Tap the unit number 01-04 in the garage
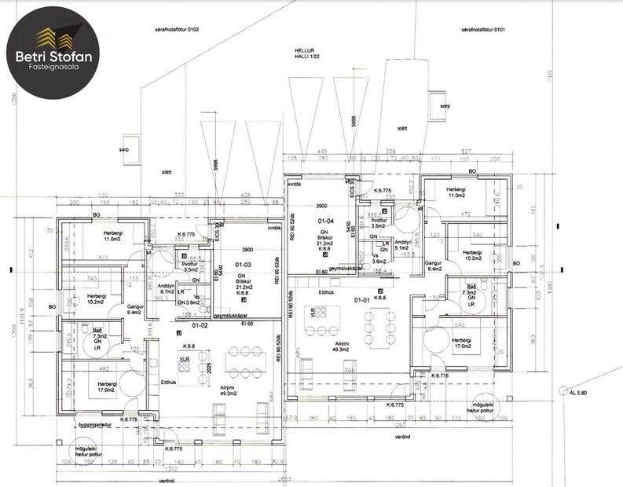pos(326,222)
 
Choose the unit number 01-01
pos(362,299)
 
